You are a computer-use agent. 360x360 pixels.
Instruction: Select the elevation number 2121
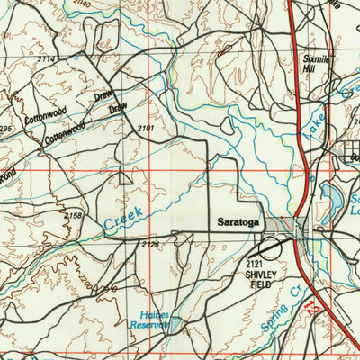(255, 262)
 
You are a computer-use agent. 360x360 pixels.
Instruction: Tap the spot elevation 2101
(146, 130)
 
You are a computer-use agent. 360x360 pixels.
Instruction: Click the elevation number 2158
(73, 216)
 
